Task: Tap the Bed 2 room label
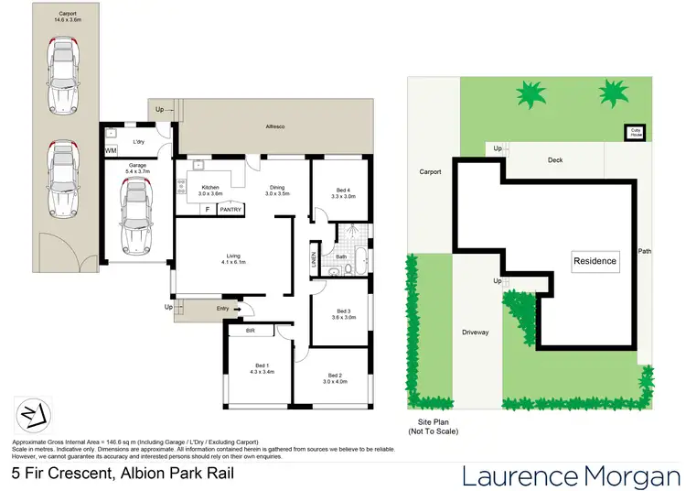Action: tap(334, 376)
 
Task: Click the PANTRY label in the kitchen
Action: tap(230, 210)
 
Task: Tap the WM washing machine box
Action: tap(111, 150)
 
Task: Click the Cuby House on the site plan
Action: tap(634, 131)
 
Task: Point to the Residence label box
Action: tap(595, 261)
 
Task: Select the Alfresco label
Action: tap(275, 125)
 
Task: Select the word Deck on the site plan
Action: tap(555, 159)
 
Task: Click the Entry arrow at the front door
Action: tap(237, 309)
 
